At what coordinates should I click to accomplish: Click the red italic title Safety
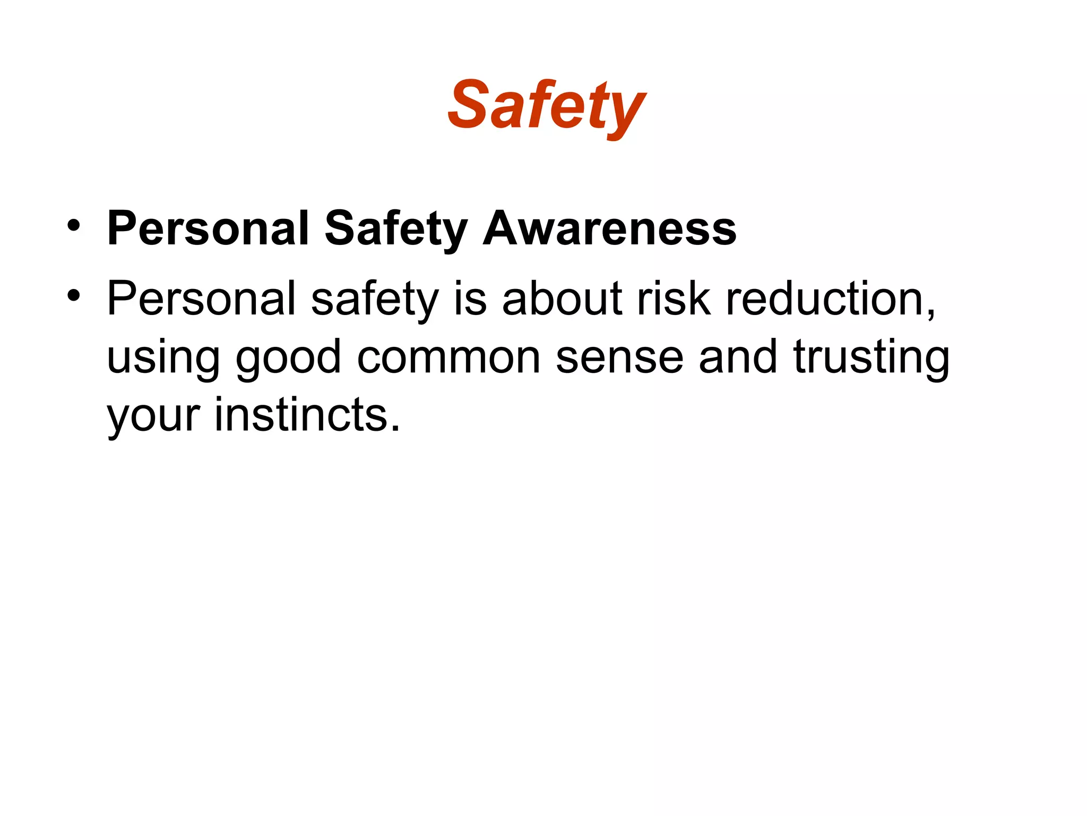click(547, 106)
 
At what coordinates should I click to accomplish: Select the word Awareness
click(609, 228)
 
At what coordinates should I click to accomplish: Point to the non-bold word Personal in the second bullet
click(201, 299)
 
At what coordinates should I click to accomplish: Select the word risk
click(674, 299)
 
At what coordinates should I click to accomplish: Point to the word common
click(448, 358)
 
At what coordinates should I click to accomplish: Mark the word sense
click(619, 358)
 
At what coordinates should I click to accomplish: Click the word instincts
click(307, 414)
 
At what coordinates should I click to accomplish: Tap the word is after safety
click(470, 299)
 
